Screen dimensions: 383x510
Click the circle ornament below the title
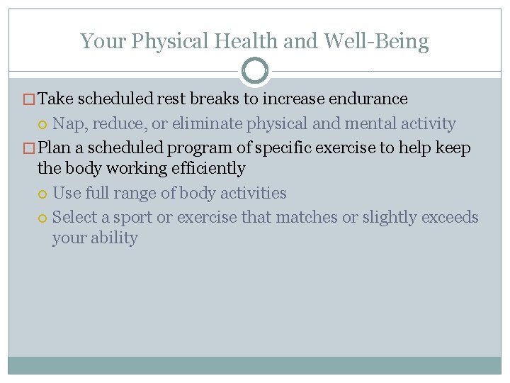pos(255,71)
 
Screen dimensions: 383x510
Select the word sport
pos(132,218)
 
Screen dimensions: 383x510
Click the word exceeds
pos(450,217)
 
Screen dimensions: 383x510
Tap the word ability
pos(113,238)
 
